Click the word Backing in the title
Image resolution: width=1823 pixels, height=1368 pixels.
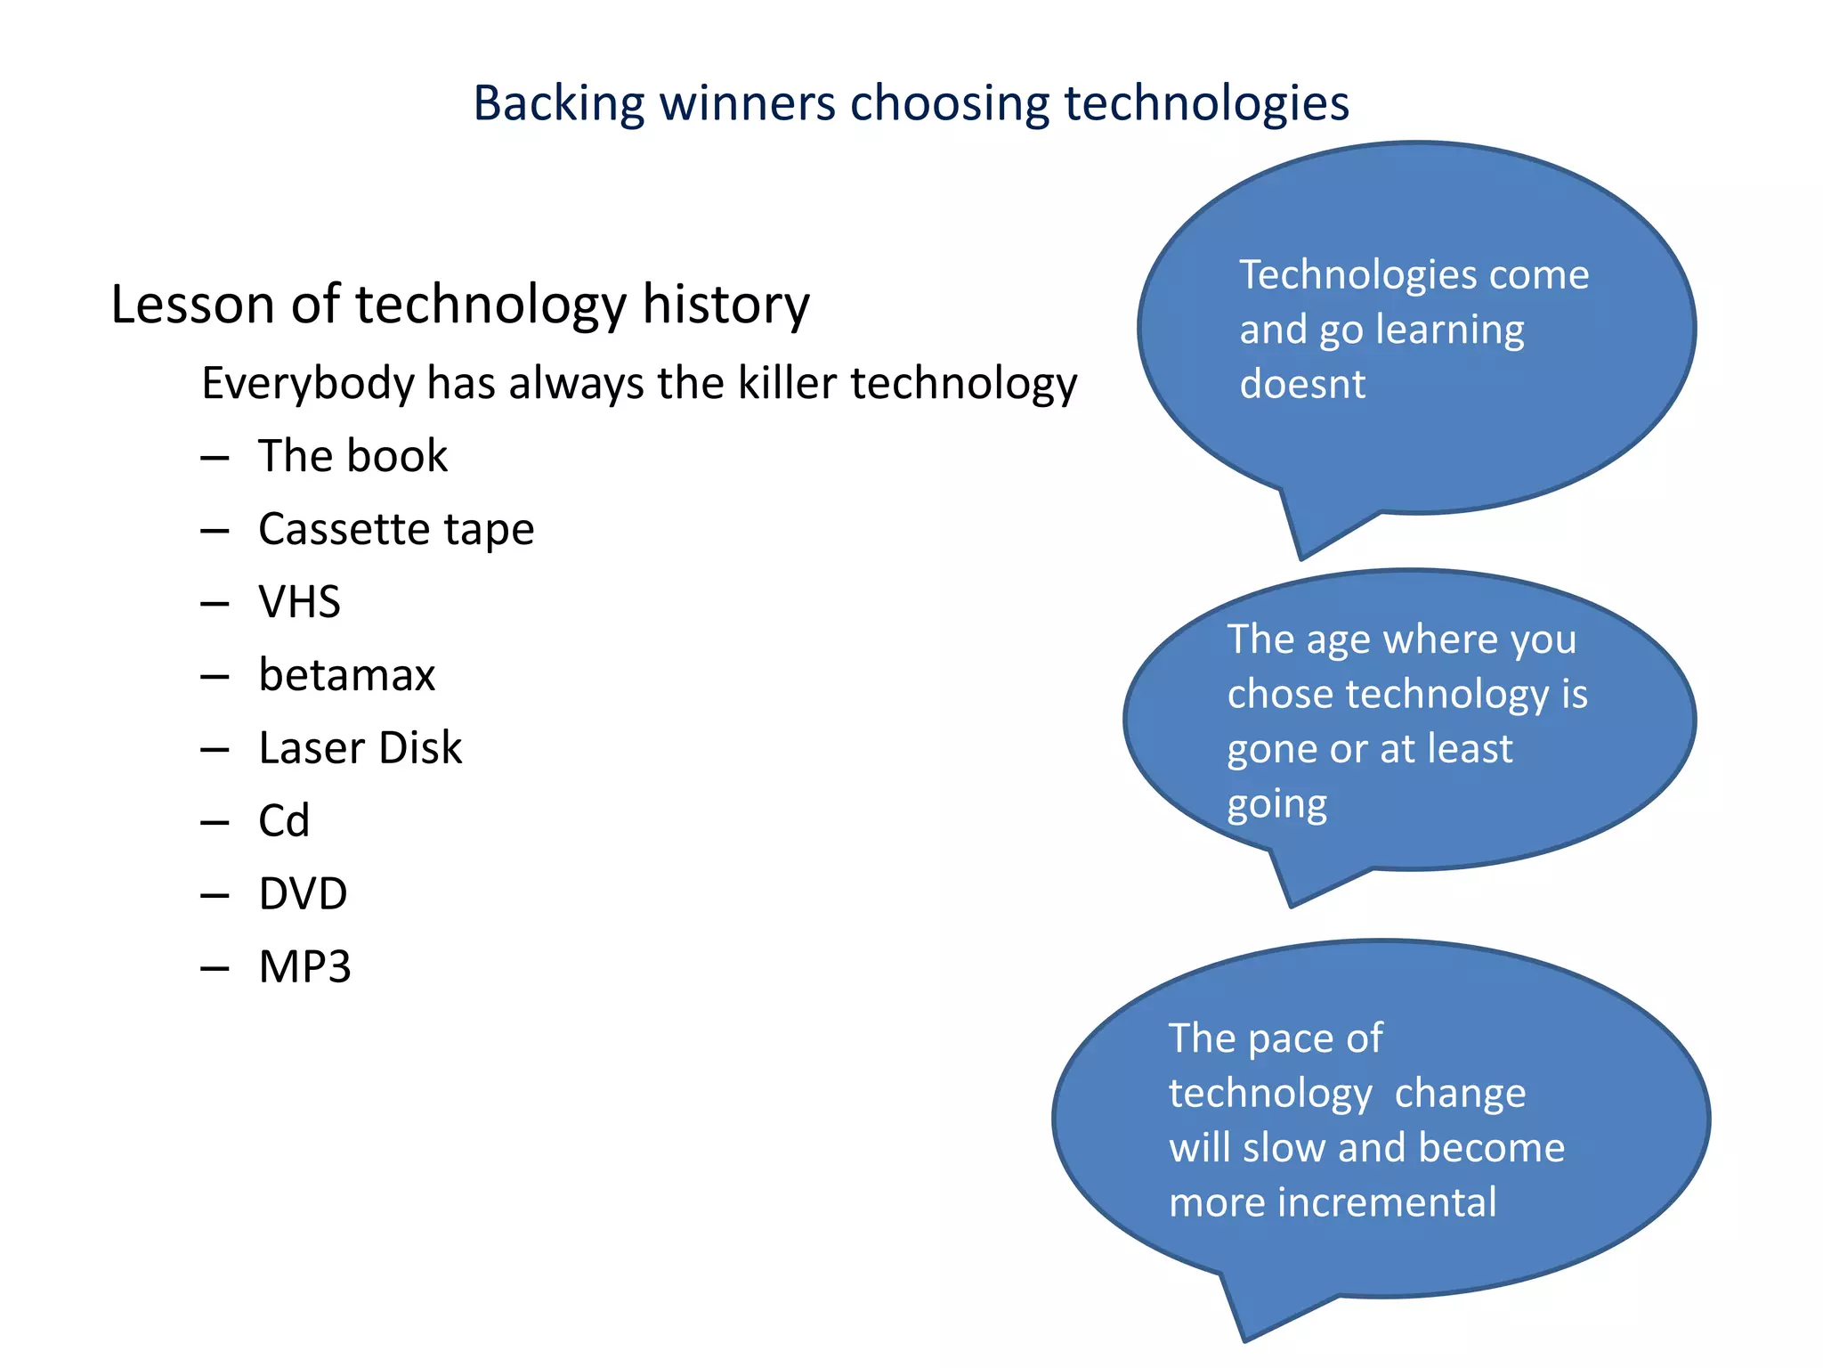pos(558,103)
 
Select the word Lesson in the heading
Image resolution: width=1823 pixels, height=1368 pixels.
pos(192,305)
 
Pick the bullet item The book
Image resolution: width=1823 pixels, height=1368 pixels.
pos(352,456)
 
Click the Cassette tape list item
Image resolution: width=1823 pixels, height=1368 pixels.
pos(395,529)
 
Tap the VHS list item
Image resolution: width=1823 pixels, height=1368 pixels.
pos(299,602)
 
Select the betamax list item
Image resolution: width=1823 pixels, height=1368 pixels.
pos(346,675)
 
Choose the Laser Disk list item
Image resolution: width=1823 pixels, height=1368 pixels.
pos(360,748)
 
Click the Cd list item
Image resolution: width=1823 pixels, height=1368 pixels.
pos(284,821)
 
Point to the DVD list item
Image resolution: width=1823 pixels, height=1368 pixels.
pos(303,894)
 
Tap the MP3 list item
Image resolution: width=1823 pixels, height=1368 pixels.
pos(304,967)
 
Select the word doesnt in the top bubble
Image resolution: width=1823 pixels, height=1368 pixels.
pos(1302,385)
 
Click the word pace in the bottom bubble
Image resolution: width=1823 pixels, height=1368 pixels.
pos(1291,1039)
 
